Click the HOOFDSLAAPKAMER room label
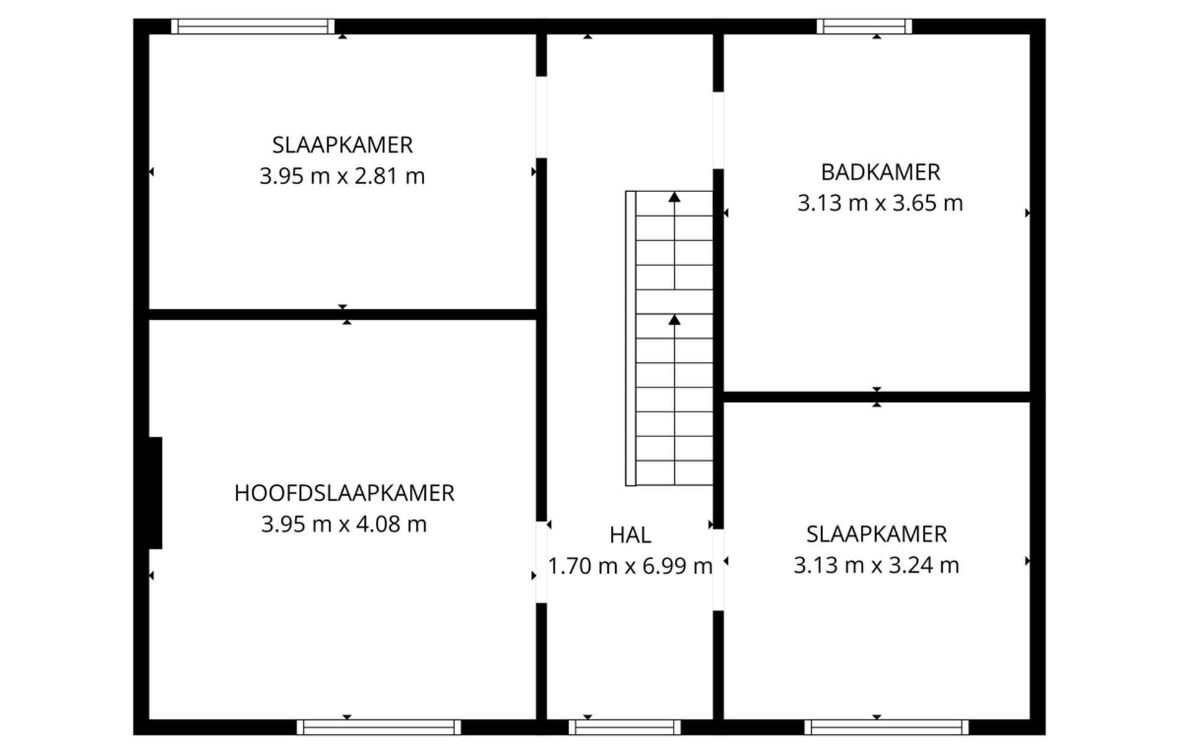(344, 493)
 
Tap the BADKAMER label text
(880, 172)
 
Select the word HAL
(630, 535)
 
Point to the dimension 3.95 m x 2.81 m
(342, 176)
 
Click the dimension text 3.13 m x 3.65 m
(880, 203)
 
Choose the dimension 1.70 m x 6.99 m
(630, 566)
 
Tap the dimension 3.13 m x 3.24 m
(876, 565)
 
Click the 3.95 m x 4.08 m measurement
(344, 525)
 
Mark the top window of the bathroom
(864, 26)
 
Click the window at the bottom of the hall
(625, 727)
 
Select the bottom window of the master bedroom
(379, 727)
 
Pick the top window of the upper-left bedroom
(253, 26)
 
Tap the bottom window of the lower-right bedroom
(886, 727)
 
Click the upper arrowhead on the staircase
(674, 197)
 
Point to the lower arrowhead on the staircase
(674, 320)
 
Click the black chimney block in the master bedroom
(155, 493)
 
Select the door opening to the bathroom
(718, 130)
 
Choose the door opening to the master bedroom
(541, 562)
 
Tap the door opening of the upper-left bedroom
(541, 117)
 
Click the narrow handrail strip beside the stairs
(631, 339)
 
